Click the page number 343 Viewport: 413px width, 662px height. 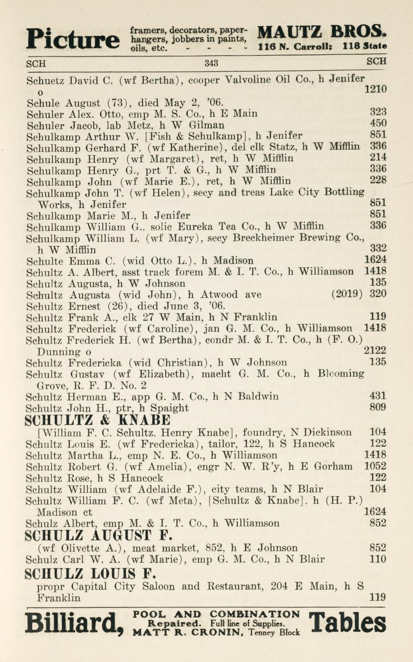211,63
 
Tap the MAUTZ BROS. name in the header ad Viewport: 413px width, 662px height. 322,32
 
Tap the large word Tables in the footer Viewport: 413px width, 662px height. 348,624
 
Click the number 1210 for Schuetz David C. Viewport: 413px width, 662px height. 375,89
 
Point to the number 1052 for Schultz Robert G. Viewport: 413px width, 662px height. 375,467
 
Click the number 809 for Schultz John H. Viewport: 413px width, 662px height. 378,409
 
